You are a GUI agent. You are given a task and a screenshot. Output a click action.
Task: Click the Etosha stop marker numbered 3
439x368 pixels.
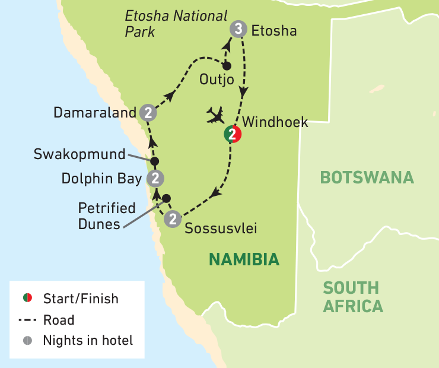tap(238, 30)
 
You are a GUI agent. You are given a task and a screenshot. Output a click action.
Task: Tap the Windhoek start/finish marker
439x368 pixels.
tap(233, 135)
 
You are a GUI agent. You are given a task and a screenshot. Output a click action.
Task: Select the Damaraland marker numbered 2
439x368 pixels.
tap(148, 112)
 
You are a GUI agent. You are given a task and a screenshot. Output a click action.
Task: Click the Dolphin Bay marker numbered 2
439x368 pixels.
tap(155, 178)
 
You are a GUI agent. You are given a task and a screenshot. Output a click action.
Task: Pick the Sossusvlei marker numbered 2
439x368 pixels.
tap(172, 219)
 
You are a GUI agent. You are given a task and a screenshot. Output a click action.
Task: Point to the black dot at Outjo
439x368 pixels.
tap(226, 66)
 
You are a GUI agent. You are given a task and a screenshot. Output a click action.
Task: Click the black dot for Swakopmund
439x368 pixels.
tap(155, 161)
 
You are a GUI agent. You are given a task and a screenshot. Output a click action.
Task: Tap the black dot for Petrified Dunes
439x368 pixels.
tap(167, 198)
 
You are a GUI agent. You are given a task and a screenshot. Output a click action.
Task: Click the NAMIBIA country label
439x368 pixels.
tap(243, 259)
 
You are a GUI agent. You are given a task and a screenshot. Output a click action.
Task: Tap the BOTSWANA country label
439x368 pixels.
tap(366, 177)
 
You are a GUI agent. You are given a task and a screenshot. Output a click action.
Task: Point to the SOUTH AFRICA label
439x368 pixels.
tap(352, 297)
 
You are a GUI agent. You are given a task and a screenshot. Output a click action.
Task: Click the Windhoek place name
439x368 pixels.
tap(276, 122)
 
